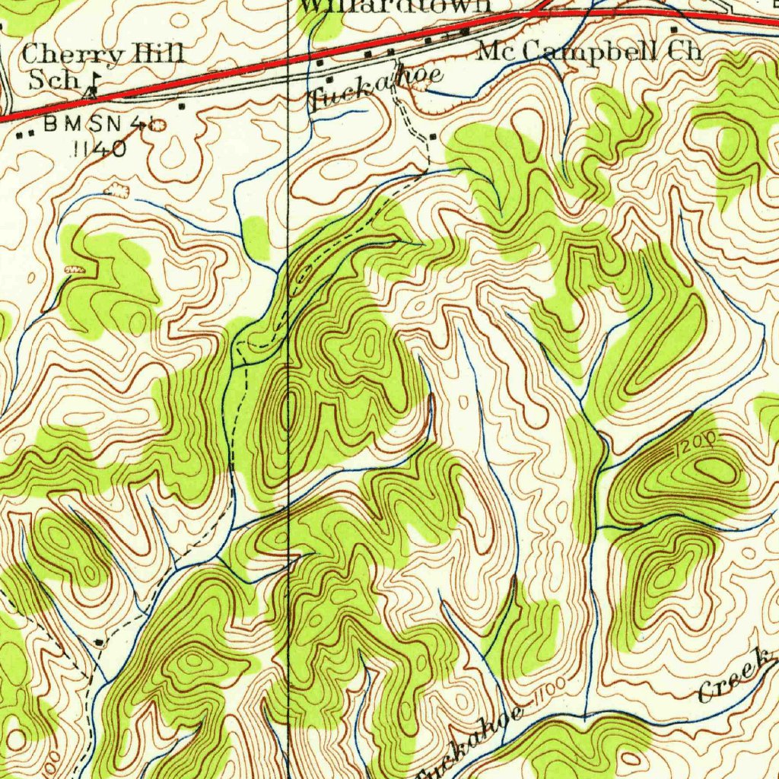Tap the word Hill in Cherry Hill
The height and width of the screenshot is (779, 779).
[x=157, y=53]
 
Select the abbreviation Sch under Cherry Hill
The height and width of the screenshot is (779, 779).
[x=54, y=81]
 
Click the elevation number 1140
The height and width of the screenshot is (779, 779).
[x=98, y=148]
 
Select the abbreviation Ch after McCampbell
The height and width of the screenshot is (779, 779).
[x=684, y=51]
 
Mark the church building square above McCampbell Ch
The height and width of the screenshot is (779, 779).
[x=674, y=30]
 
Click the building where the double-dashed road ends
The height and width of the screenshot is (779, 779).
[x=432, y=136]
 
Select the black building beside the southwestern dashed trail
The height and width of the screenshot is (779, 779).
[x=102, y=643]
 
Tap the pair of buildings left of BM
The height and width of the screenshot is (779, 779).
[x=25, y=133]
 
